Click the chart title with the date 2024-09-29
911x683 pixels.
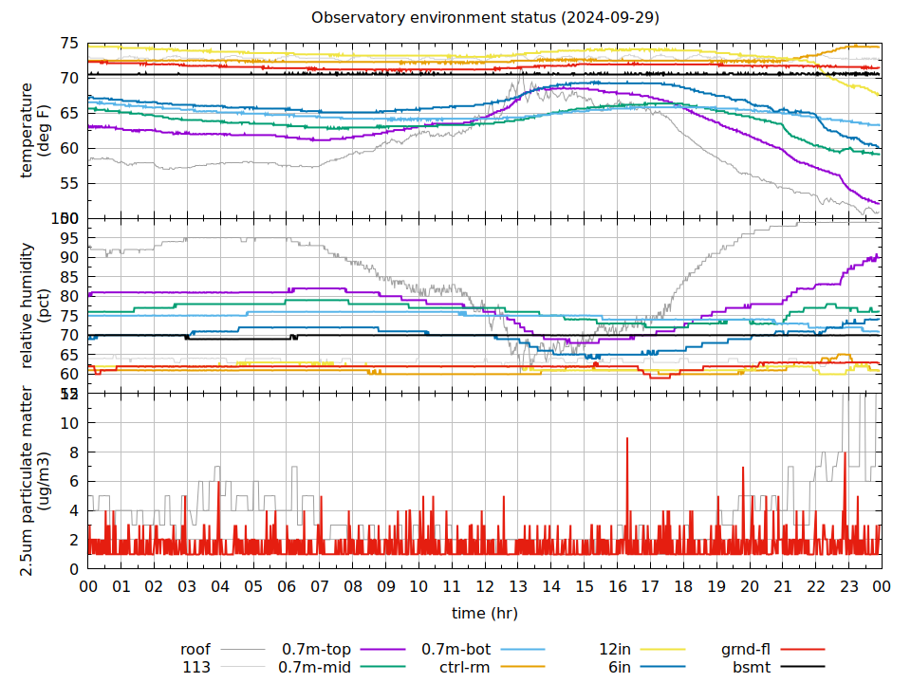point(485,18)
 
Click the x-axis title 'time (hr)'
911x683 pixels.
point(485,614)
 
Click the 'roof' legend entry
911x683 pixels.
point(195,650)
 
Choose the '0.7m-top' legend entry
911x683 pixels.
point(316,650)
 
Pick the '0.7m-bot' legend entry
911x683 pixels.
point(455,650)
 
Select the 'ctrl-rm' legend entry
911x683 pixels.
point(464,668)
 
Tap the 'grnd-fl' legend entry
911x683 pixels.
point(745,650)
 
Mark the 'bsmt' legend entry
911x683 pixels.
point(752,668)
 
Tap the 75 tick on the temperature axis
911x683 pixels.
point(69,44)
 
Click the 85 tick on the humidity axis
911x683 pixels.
point(69,276)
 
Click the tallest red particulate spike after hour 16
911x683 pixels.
point(627,438)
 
